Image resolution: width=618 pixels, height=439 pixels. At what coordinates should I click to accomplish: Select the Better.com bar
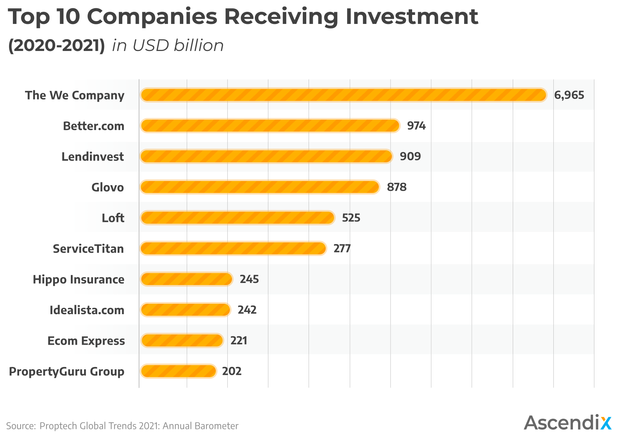[x=270, y=126]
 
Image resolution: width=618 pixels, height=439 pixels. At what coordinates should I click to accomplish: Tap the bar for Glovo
[x=260, y=187]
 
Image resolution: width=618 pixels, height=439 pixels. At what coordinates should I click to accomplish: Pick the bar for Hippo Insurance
[x=186, y=279]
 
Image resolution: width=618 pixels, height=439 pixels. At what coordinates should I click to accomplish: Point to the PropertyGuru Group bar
[x=178, y=371]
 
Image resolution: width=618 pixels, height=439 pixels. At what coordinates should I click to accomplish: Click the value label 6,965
[x=569, y=95]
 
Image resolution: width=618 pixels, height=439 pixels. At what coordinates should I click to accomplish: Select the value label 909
[x=410, y=156]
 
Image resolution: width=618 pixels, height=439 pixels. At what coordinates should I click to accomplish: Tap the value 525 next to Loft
[x=351, y=218]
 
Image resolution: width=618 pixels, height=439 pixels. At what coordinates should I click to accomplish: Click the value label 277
[x=342, y=249]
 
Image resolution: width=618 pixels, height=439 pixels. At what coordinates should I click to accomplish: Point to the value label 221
[x=239, y=341]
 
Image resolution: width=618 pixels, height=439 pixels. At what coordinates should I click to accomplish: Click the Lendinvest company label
[x=92, y=157]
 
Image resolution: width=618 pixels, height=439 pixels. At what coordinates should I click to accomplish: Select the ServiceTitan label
[x=88, y=249]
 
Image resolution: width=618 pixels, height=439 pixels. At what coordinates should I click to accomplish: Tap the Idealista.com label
[x=87, y=310]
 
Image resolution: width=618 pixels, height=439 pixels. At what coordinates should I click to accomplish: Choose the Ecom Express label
[x=86, y=341]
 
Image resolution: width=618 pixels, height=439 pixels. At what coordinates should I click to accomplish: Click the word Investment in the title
[x=411, y=17]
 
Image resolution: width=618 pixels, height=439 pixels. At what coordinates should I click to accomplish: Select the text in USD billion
[x=168, y=46]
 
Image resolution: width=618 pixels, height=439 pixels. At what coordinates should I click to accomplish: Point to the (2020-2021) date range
[x=56, y=46]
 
